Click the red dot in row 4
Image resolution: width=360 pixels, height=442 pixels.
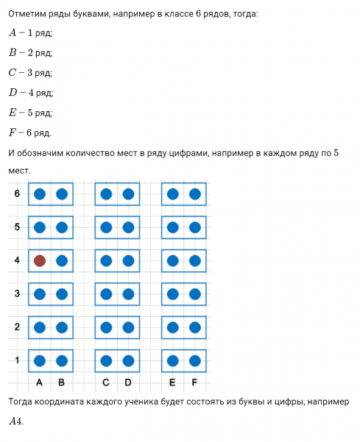coord(40,260)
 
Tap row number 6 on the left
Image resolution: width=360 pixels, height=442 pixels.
coord(16,194)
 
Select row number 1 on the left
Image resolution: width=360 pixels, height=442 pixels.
coord(16,360)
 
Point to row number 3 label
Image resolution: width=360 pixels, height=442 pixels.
coord(16,293)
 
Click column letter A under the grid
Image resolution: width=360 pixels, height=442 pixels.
coord(39,382)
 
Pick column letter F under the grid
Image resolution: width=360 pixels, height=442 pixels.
coord(194,382)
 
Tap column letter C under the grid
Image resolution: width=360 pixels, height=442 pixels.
coord(106,382)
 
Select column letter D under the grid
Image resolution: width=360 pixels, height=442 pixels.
coord(128,382)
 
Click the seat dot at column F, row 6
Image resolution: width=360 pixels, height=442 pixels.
coord(194,194)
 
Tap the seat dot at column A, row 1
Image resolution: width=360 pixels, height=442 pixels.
coord(40,360)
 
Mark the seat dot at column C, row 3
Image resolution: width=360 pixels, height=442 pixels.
coord(106,294)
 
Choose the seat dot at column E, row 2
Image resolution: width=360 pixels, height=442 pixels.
coord(172,327)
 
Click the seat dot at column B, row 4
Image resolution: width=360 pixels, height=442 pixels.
coord(62,260)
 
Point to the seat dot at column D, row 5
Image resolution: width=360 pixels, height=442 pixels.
coord(128,227)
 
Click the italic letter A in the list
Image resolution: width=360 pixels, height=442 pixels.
coord(13,32)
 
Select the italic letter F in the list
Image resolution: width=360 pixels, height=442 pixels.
coord(13,133)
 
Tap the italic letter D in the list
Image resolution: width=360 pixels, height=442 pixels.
coord(13,93)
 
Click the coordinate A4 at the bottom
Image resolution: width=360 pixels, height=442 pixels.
coord(16,422)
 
